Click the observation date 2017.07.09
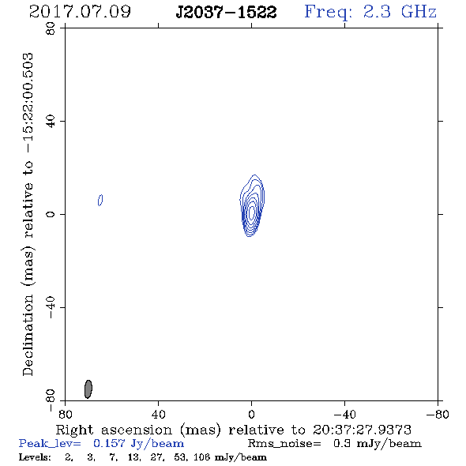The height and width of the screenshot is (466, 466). [80, 12]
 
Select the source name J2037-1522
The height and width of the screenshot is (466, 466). [227, 13]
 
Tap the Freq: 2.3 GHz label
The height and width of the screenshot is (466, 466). [370, 13]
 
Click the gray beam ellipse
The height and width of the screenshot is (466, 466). [88, 389]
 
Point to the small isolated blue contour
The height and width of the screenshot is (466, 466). [100, 200]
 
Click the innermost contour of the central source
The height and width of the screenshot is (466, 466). [252, 212]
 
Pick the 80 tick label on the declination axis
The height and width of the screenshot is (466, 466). [51, 28]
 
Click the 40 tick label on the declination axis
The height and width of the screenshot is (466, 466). [51, 122]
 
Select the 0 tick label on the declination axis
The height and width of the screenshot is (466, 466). [51, 214]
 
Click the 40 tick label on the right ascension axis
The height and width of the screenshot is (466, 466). [158, 414]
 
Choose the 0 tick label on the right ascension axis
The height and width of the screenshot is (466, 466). [251, 414]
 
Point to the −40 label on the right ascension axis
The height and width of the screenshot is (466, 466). [344, 414]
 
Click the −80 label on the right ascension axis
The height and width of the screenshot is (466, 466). [438, 414]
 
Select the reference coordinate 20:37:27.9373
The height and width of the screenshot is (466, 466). [362, 430]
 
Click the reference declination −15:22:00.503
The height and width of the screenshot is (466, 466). [28, 103]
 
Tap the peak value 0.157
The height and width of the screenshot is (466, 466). [109, 443]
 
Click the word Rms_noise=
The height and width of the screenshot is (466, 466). [284, 444]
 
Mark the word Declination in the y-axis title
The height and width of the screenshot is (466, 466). [28, 335]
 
